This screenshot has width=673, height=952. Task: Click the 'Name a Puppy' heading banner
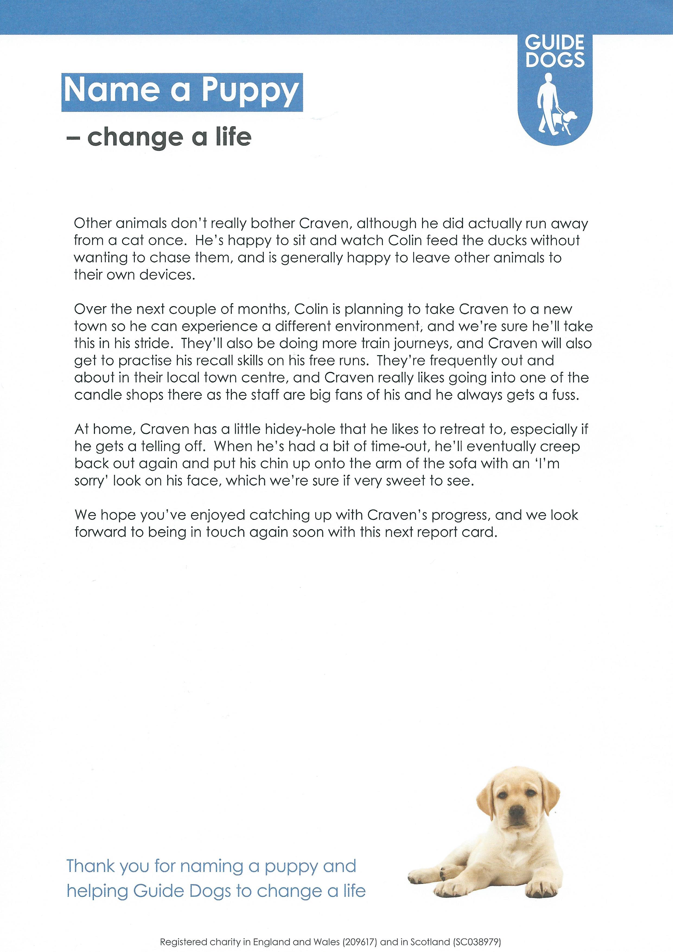(182, 92)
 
